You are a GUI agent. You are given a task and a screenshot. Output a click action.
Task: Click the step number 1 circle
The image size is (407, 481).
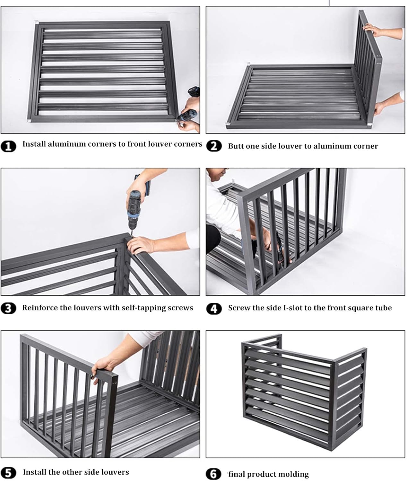point(9,146)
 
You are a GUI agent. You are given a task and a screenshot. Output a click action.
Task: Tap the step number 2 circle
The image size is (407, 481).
point(214,146)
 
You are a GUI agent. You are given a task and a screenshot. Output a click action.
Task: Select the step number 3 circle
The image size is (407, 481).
point(9,308)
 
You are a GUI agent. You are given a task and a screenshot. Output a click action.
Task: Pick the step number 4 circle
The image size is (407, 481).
point(214,309)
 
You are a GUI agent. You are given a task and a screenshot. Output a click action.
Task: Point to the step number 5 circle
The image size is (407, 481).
point(9,473)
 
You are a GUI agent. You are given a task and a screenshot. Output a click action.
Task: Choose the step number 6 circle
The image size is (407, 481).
point(214,474)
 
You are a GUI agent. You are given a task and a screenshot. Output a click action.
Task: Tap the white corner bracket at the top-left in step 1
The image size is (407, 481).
point(37,23)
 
